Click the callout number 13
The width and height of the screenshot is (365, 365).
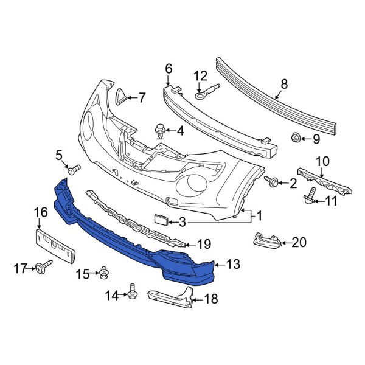click(233, 264)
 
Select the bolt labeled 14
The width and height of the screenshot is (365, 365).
click(132, 294)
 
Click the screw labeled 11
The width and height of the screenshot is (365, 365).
click(310, 196)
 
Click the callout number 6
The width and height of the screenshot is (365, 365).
click(169, 69)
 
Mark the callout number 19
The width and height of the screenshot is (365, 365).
click(204, 244)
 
